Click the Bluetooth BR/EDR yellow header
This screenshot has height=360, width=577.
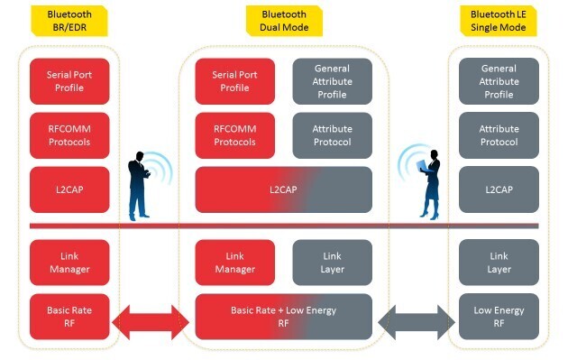69,21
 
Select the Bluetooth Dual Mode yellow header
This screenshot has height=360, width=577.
284,21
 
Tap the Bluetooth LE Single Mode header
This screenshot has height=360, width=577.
499,21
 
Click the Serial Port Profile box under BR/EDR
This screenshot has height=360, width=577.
69,81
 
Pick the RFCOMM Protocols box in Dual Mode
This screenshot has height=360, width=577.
234,135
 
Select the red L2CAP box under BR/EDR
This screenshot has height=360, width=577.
69,189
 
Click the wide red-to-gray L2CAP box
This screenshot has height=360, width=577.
284,189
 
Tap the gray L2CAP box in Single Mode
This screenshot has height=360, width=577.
499,189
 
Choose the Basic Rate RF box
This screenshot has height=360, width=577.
69,316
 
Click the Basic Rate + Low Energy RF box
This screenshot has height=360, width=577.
284,316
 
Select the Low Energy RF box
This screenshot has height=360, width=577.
499,316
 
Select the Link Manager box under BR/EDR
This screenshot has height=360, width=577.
69,263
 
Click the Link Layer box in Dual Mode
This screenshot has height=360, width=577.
332,263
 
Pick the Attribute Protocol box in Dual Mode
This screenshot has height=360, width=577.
332,135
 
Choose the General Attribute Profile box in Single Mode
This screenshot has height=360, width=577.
499,81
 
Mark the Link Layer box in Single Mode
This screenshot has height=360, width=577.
499,263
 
